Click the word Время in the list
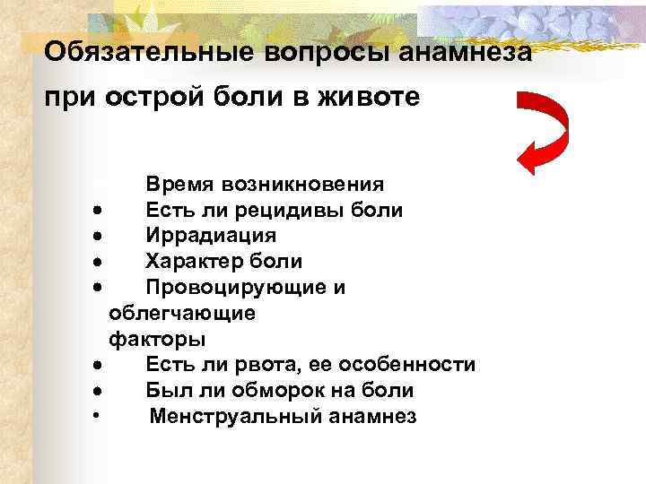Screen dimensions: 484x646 [x=179, y=185]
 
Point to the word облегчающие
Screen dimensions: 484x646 [x=181, y=314]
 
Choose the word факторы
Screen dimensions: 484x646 [x=156, y=340]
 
